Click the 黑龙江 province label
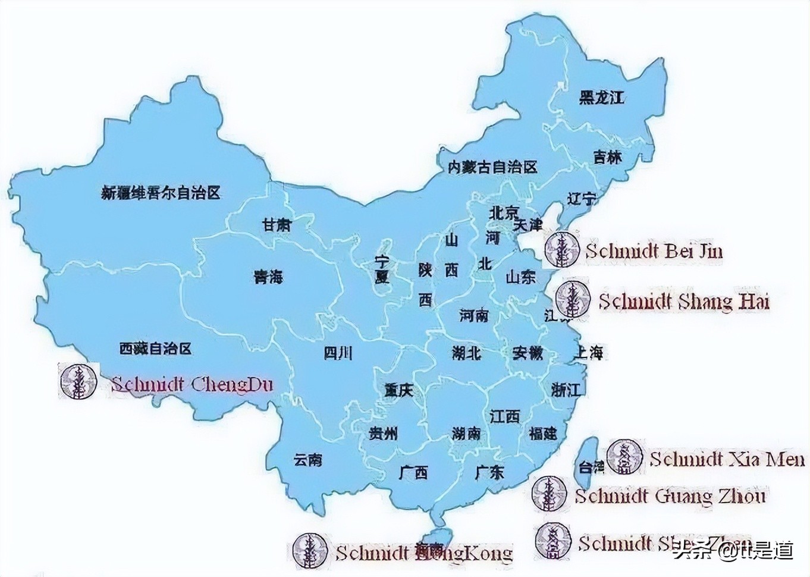[602, 97]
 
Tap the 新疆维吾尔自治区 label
[161, 193]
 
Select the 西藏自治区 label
[155, 348]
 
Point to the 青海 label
[268, 277]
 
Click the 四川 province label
[338, 353]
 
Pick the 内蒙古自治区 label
[492, 167]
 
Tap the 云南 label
[308, 459]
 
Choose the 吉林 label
[607, 157]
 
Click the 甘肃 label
[277, 225]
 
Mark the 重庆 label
[398, 391]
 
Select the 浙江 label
[566, 390]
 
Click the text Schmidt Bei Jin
[654, 250]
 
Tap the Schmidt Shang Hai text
[684, 301]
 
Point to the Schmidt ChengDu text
[191, 384]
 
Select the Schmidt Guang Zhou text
[670, 496]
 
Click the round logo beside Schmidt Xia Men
[624, 457]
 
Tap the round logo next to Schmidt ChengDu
[78, 381]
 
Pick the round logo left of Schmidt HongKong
[310, 550]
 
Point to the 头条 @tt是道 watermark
[733, 550]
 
